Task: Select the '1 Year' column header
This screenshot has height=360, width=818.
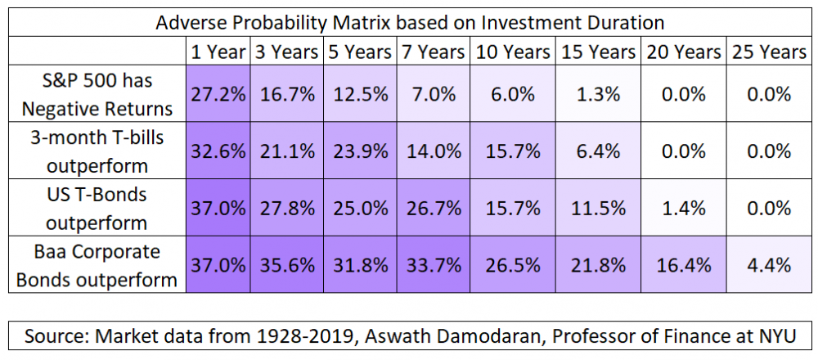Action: (x=218, y=52)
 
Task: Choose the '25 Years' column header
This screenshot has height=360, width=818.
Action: (x=769, y=52)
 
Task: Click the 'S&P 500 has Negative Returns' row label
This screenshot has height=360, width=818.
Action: (x=97, y=95)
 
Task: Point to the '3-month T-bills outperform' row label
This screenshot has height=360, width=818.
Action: (x=97, y=151)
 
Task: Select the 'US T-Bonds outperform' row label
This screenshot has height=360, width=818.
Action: (x=97, y=208)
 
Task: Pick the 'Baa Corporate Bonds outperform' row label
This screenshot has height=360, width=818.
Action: (x=97, y=264)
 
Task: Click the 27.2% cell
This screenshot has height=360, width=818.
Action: (x=218, y=95)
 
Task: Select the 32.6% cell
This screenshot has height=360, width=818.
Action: (x=218, y=151)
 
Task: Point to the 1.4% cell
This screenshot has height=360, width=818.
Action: (x=683, y=208)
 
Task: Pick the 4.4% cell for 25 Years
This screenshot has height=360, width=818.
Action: (x=769, y=264)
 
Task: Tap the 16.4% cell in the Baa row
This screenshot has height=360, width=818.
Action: (x=683, y=264)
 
